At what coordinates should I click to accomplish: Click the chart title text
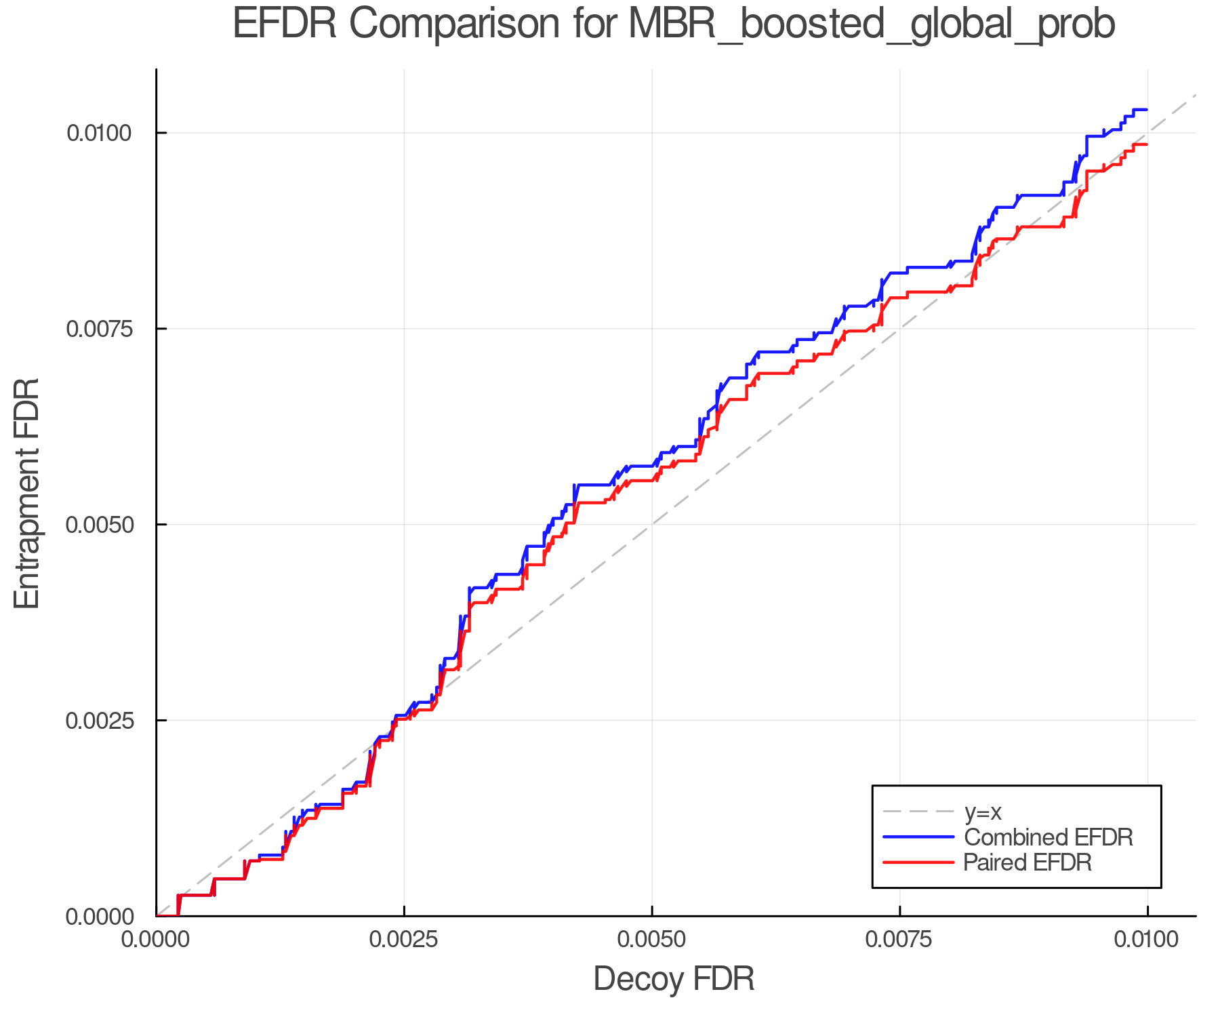(x=674, y=24)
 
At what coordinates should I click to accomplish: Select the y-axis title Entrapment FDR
(x=28, y=493)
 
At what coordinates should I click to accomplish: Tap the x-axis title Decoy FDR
(x=674, y=979)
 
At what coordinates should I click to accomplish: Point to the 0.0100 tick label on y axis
(x=98, y=133)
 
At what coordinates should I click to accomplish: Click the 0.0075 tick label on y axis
(x=98, y=329)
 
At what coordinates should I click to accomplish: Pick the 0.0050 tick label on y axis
(x=98, y=525)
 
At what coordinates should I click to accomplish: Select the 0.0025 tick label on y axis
(x=98, y=720)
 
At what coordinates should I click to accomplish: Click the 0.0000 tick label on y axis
(x=98, y=917)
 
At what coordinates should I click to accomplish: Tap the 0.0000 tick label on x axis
(x=157, y=940)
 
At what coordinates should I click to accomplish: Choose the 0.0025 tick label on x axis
(x=404, y=940)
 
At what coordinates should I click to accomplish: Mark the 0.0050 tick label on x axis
(x=652, y=940)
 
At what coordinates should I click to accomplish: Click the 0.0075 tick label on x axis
(x=900, y=940)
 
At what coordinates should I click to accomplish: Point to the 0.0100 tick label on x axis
(x=1147, y=940)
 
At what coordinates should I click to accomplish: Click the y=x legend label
(x=982, y=812)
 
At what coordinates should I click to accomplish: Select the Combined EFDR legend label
(x=1048, y=837)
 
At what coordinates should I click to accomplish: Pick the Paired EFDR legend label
(x=1028, y=862)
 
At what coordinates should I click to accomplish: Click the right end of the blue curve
(x=1146, y=110)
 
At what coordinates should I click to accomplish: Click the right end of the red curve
(x=1146, y=144)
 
